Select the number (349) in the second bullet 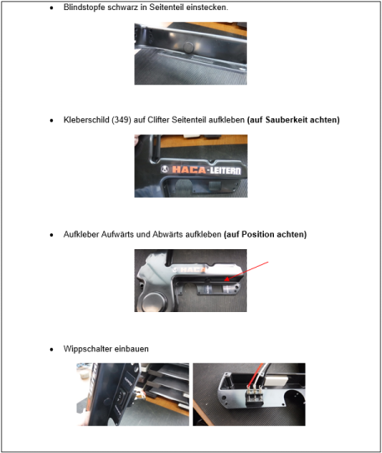[121, 120]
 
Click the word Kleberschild [86, 120]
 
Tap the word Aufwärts [117, 234]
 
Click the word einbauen [132, 349]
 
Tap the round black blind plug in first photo [188, 47]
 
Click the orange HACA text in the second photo [189, 169]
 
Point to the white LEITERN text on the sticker [225, 170]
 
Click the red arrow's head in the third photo [227, 279]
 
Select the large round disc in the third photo [154, 302]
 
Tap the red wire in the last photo [256, 375]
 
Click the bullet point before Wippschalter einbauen [52, 350]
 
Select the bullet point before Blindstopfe [52, 8]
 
